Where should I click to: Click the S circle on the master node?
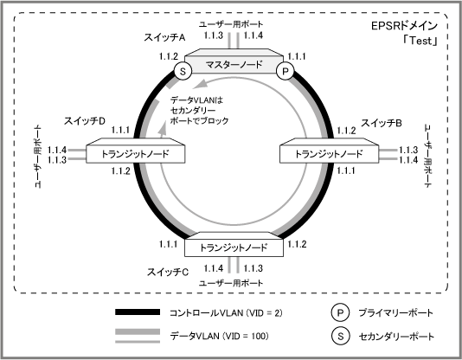pos(183,71)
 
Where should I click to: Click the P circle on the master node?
pos(285,71)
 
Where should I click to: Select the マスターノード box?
pos(234,61)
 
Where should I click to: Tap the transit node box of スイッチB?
pos(329,151)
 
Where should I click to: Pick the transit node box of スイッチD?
pos(136,151)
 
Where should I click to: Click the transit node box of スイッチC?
pos(234,245)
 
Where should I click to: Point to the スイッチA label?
pos(164,37)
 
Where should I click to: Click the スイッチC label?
pos(167,272)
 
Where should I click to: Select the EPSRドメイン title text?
pos(404,26)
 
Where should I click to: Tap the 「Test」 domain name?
pos(420,41)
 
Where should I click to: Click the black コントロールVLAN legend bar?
pos(138,312)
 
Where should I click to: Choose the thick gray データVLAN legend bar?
pos(138,331)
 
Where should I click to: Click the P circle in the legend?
pos(340,312)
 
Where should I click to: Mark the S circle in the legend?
pos(340,336)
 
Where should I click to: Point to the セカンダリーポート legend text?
pos(396,336)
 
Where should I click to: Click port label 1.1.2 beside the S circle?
pos(169,56)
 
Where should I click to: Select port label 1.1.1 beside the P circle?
pos(297,56)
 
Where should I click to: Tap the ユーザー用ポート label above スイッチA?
pos(231,24)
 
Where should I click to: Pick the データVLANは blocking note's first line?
pos(196,100)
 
